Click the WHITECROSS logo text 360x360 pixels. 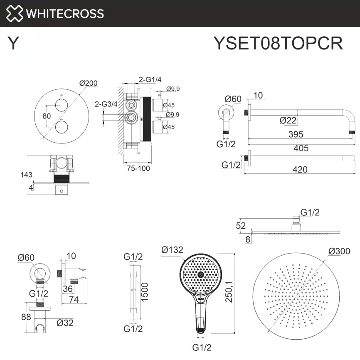pos(64,14)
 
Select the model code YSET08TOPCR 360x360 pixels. pos(278,42)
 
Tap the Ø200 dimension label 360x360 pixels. pos(88,83)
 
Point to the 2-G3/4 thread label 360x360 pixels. pos(106,104)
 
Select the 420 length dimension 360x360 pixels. pos(300,169)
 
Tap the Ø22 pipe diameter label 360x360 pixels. pos(288,120)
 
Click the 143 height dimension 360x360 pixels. pos(26,175)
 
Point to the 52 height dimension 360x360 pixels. pos(241,226)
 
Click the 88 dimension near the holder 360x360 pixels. pos(26,317)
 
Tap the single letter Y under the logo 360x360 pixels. pos(13,43)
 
